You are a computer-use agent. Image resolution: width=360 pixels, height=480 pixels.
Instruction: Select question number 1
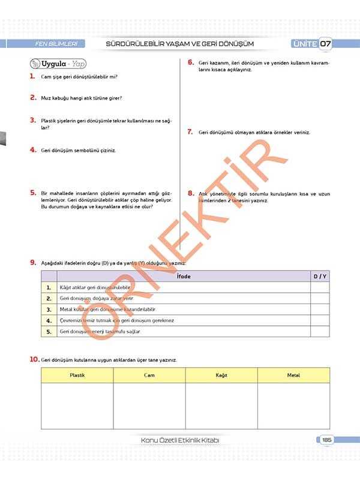point(32,77)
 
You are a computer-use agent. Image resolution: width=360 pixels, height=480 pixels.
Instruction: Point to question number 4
point(33,150)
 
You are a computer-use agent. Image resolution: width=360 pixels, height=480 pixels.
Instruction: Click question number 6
point(190,62)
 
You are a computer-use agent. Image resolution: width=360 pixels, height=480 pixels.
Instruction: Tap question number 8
point(190,193)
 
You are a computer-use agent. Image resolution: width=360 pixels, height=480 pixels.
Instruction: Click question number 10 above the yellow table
point(35,359)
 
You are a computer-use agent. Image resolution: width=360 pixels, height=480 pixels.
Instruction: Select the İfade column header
point(184,276)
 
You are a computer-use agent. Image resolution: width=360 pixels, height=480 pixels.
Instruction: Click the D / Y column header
point(320,276)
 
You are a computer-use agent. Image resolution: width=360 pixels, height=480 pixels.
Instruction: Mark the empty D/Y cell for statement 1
point(320,287)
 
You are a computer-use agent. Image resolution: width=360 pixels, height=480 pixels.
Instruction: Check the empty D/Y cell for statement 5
point(320,331)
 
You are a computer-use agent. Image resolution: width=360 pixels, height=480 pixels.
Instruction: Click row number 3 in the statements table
point(49,310)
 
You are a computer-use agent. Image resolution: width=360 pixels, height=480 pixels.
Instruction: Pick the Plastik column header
point(77,374)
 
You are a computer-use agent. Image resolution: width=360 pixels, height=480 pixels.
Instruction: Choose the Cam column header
point(149,374)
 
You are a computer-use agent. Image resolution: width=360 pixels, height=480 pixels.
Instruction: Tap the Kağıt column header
point(221,374)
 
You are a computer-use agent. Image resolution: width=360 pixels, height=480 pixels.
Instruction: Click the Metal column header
point(293,374)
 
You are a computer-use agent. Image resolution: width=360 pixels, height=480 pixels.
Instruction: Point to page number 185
point(326,440)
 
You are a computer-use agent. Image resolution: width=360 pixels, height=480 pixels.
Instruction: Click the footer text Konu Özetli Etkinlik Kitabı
point(179,440)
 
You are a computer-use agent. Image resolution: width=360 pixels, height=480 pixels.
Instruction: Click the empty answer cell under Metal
point(293,405)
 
